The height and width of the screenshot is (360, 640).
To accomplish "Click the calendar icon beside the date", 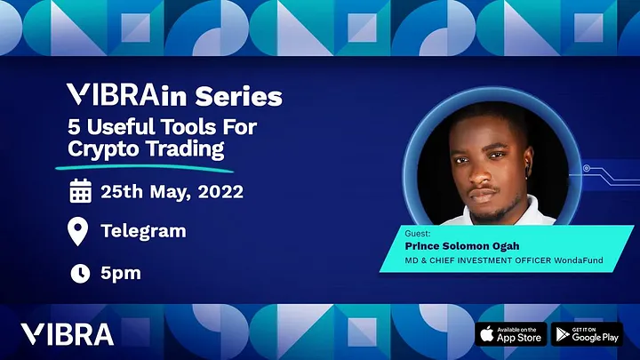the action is [80, 190].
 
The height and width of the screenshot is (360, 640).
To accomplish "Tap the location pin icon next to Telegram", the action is [77, 231].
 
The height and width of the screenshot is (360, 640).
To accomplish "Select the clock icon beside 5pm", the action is [80, 273].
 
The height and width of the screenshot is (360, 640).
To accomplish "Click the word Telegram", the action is [143, 231].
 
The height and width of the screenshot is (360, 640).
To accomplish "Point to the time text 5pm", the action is [121, 274].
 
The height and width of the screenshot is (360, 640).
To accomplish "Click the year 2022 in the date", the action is [220, 191].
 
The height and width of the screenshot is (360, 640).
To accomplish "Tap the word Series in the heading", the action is [238, 96].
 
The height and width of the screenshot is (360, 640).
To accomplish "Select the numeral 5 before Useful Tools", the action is [74, 126].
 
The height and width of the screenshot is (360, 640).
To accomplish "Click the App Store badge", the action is [510, 334].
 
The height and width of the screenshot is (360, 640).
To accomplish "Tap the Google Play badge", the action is [587, 334].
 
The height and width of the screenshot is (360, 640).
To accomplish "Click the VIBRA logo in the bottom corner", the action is [68, 334].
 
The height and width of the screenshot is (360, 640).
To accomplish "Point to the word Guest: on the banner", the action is [418, 234].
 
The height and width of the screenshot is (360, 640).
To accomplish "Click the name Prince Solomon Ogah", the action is [462, 246].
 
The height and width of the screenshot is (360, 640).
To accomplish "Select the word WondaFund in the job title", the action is [579, 260].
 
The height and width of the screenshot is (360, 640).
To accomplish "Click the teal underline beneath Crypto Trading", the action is [145, 168].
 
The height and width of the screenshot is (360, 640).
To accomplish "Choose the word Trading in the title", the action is [185, 148].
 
